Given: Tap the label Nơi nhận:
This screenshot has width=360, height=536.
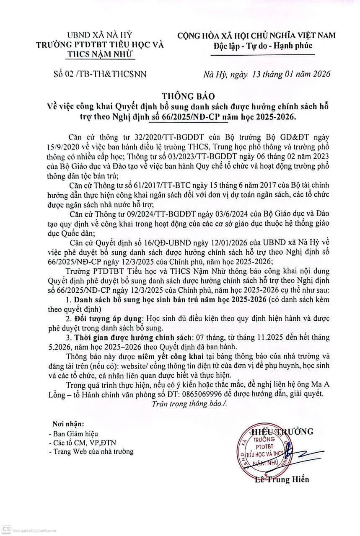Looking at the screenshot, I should click(x=68, y=423).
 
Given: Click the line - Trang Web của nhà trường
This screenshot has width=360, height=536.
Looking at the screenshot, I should click(x=91, y=451).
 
